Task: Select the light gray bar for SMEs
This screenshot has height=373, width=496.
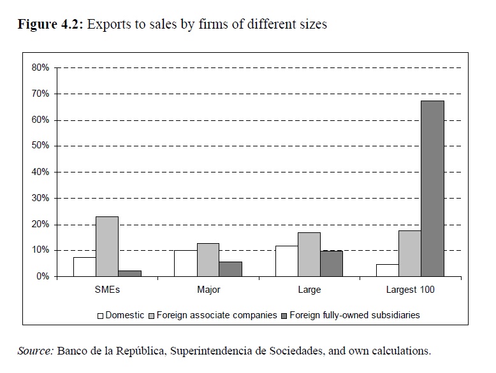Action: pos(107,246)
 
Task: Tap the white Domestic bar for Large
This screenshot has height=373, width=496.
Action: pos(286,261)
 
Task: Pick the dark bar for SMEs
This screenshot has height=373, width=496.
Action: pos(129,273)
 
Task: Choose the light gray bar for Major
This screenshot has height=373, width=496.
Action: pos(208,260)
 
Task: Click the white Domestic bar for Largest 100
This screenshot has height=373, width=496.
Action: pos(387,270)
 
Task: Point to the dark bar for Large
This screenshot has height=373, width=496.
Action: pos(331,264)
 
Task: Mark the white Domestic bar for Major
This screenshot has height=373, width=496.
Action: pos(186,264)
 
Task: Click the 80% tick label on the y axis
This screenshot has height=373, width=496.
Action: pos(40,67)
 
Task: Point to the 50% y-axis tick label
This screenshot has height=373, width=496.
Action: pos(40,146)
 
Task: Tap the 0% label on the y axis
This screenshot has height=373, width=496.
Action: pos(42,276)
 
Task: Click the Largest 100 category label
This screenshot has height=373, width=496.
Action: pos(410,290)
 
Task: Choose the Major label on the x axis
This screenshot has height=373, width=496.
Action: pos(208,290)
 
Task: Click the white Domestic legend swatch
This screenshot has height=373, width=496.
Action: pos(100,314)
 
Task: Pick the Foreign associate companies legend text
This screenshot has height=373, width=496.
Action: pos(217,314)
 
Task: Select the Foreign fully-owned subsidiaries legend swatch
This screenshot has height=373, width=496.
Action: pos(284,314)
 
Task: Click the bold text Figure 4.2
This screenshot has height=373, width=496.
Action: pos(50,25)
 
